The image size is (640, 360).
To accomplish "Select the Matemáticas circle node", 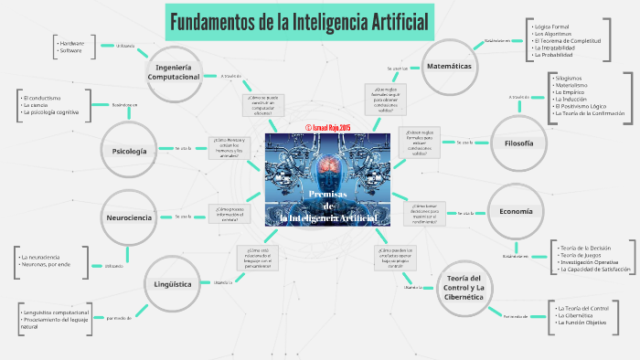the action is [448, 67].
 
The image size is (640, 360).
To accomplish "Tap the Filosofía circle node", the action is [518, 143].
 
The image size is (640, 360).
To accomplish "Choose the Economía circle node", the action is [516, 211].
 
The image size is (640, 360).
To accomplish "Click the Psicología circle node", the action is [129, 150].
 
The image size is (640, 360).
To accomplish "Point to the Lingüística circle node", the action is [173, 283].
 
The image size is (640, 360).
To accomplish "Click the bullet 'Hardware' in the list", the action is [71, 43].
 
